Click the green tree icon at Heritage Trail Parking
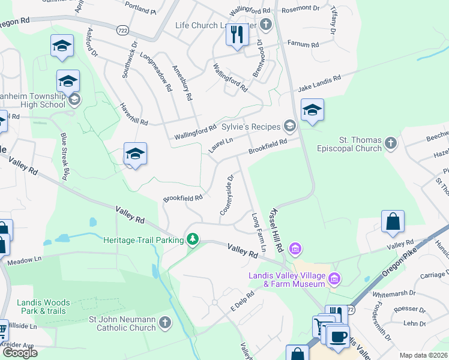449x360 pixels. pyautogui.click(x=192, y=240)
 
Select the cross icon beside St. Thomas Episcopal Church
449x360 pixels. pyautogui.click(x=391, y=143)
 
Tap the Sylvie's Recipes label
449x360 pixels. pyautogui.click(x=252, y=127)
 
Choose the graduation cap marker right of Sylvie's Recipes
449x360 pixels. pyautogui.click(x=312, y=110)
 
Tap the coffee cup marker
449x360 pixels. pyautogui.click(x=337, y=335)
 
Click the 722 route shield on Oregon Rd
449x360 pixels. pyautogui.click(x=123, y=29)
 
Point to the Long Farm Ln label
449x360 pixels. pyautogui.click(x=259, y=232)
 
